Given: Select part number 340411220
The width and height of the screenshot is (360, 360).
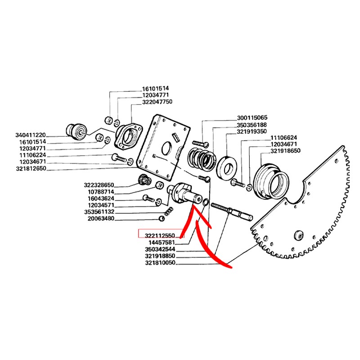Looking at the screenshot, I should pyautogui.click(x=30, y=135).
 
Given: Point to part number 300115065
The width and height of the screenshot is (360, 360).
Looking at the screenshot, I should pyautogui.click(x=252, y=117).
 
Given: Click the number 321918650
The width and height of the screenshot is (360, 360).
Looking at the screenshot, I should pyautogui.click(x=285, y=151).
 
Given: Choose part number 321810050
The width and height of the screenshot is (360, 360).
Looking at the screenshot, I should pyautogui.click(x=160, y=263).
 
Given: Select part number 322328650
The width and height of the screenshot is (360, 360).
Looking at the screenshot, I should pyautogui.click(x=99, y=185).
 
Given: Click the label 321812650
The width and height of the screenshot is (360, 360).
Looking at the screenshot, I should pyautogui.click(x=31, y=169).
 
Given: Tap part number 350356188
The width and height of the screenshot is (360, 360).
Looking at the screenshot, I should pyautogui.click(x=252, y=125).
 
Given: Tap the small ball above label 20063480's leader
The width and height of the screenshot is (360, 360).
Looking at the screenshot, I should pyautogui.click(x=162, y=219).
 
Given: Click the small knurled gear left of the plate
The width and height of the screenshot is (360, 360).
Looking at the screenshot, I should pyautogui.click(x=143, y=182).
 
